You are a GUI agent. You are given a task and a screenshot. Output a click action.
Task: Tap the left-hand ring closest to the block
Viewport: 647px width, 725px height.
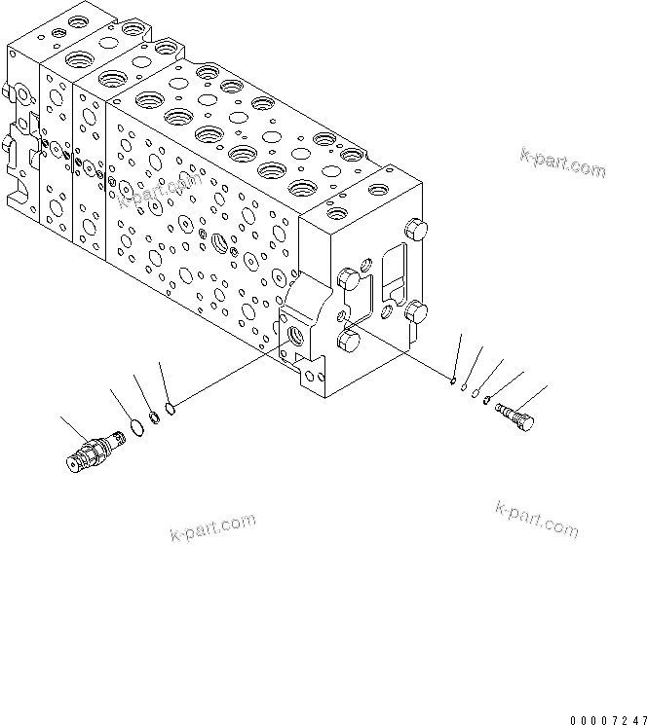tap(171, 408)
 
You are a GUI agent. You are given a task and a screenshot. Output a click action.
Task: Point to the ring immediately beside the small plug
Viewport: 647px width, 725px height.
tap(486, 401)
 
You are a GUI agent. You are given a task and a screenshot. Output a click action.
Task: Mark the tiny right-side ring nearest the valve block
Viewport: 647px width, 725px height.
tap(454, 382)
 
